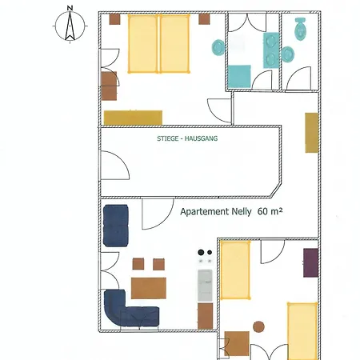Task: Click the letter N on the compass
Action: coord(70,8)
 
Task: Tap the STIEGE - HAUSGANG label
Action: coord(187,138)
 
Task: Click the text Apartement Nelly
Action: coord(216,212)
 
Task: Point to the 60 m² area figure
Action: coord(270,211)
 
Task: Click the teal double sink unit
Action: coord(271,50)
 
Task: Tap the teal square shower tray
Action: coord(239,77)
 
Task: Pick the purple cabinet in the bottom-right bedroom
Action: coord(310,262)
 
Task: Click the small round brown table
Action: coord(258,326)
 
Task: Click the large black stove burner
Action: coord(201,252)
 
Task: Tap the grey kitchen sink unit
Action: coord(205,286)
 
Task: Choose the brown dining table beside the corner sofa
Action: coord(149,288)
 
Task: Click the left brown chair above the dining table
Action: coord(138,264)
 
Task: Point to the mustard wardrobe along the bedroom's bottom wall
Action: coord(133,118)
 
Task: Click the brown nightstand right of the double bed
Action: coord(204,19)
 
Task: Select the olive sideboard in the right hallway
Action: coord(312,133)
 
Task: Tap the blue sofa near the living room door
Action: coord(116,226)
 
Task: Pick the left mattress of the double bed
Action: coord(143,43)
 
